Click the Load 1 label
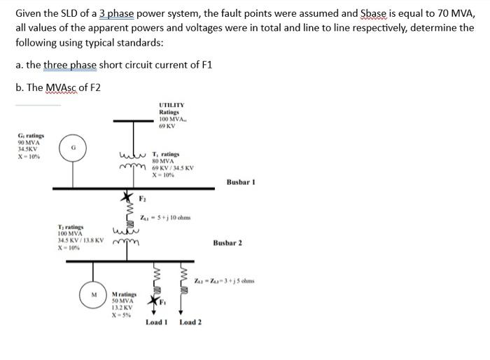pyautogui.click(x=156, y=322)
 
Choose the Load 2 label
pyautogui.click(x=190, y=322)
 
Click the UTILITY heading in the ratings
pyautogui.click(x=171, y=104)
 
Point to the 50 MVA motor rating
pyautogui.click(x=124, y=300)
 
